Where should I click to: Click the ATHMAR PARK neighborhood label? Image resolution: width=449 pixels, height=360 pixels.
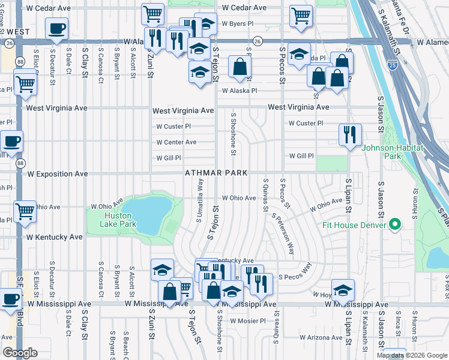[x=216, y=173]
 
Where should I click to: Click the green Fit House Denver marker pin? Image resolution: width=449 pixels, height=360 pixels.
[x=394, y=225]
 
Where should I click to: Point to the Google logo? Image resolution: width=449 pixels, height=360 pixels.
[x=19, y=353]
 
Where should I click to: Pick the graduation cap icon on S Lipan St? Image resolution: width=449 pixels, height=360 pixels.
[x=342, y=290]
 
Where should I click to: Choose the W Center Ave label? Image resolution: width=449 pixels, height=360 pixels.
[x=176, y=142]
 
